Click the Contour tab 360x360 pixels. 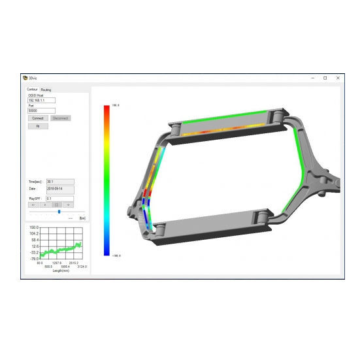pyautogui.click(x=32, y=89)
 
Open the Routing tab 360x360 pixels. pyautogui.click(x=46, y=89)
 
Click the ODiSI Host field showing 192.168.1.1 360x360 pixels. pyautogui.click(x=41, y=101)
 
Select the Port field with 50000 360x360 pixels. pyautogui.click(x=41, y=111)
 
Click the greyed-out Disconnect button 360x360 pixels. pyautogui.click(x=60, y=118)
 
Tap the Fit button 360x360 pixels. pyautogui.click(x=38, y=126)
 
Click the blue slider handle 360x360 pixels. pyautogui.click(x=59, y=212)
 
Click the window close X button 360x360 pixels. pyautogui.click(x=337, y=78)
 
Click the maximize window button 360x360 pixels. pyautogui.click(x=325, y=78)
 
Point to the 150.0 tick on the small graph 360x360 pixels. pyautogui.click(x=34, y=227)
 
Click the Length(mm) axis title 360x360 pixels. pyautogui.click(x=61, y=270)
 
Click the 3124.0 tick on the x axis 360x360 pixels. pyautogui.click(x=82, y=267)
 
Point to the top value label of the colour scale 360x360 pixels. pyautogui.click(x=115, y=105)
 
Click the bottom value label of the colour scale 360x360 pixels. pyautogui.click(x=115, y=255)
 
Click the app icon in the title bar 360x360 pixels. pyautogui.click(x=25, y=78)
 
